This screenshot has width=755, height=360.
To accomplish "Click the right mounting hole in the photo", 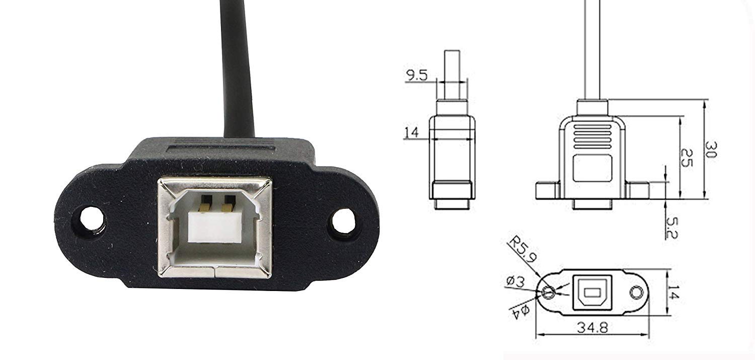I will click(x=343, y=222).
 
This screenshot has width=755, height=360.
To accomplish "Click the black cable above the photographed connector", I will click(x=238, y=65).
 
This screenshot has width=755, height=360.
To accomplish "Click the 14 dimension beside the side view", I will click(x=411, y=132).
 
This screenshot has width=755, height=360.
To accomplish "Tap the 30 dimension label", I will click(x=710, y=150).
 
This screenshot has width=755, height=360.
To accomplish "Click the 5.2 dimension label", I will click(x=672, y=228).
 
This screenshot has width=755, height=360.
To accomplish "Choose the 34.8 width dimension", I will click(x=592, y=327).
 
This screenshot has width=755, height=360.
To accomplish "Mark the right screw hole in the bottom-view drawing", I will click(x=637, y=293).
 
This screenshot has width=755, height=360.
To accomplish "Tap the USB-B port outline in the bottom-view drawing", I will click(x=592, y=292).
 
